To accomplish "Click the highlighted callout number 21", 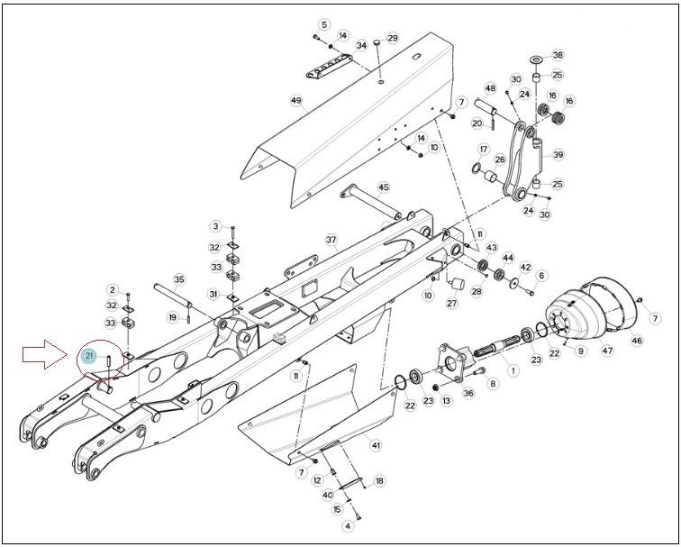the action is (89, 356).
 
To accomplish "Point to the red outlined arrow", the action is (45, 354).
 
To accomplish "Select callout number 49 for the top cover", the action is (295, 101).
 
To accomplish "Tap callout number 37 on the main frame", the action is (331, 240).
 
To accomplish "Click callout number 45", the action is (384, 187).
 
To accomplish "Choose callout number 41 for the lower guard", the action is (376, 445).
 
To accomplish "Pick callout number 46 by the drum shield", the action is (637, 341).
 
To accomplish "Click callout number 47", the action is (607, 350).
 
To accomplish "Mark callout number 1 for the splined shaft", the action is (513, 370).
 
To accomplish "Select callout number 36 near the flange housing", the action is (468, 393).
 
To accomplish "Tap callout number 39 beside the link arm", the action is (558, 155).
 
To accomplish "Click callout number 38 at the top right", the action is (558, 55).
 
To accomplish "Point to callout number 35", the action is (179, 279).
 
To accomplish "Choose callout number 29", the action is (392, 38).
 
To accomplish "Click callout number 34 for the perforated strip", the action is (361, 45).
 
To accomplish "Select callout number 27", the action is (452, 303).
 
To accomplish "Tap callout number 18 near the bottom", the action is (379, 481).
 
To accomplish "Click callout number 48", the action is (490, 88).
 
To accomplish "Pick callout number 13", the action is (447, 401).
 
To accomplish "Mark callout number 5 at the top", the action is (324, 24).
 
